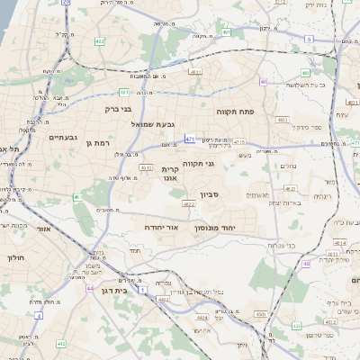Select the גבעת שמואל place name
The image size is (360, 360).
coord(158,123)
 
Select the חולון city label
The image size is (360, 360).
coord(14,257)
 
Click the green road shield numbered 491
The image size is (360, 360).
coord(227,32)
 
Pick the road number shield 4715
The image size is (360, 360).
coord(238,141)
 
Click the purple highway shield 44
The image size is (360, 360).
coord(90,288)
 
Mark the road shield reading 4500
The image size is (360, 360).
coord(260,313)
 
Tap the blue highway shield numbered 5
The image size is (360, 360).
coord(309,40)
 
